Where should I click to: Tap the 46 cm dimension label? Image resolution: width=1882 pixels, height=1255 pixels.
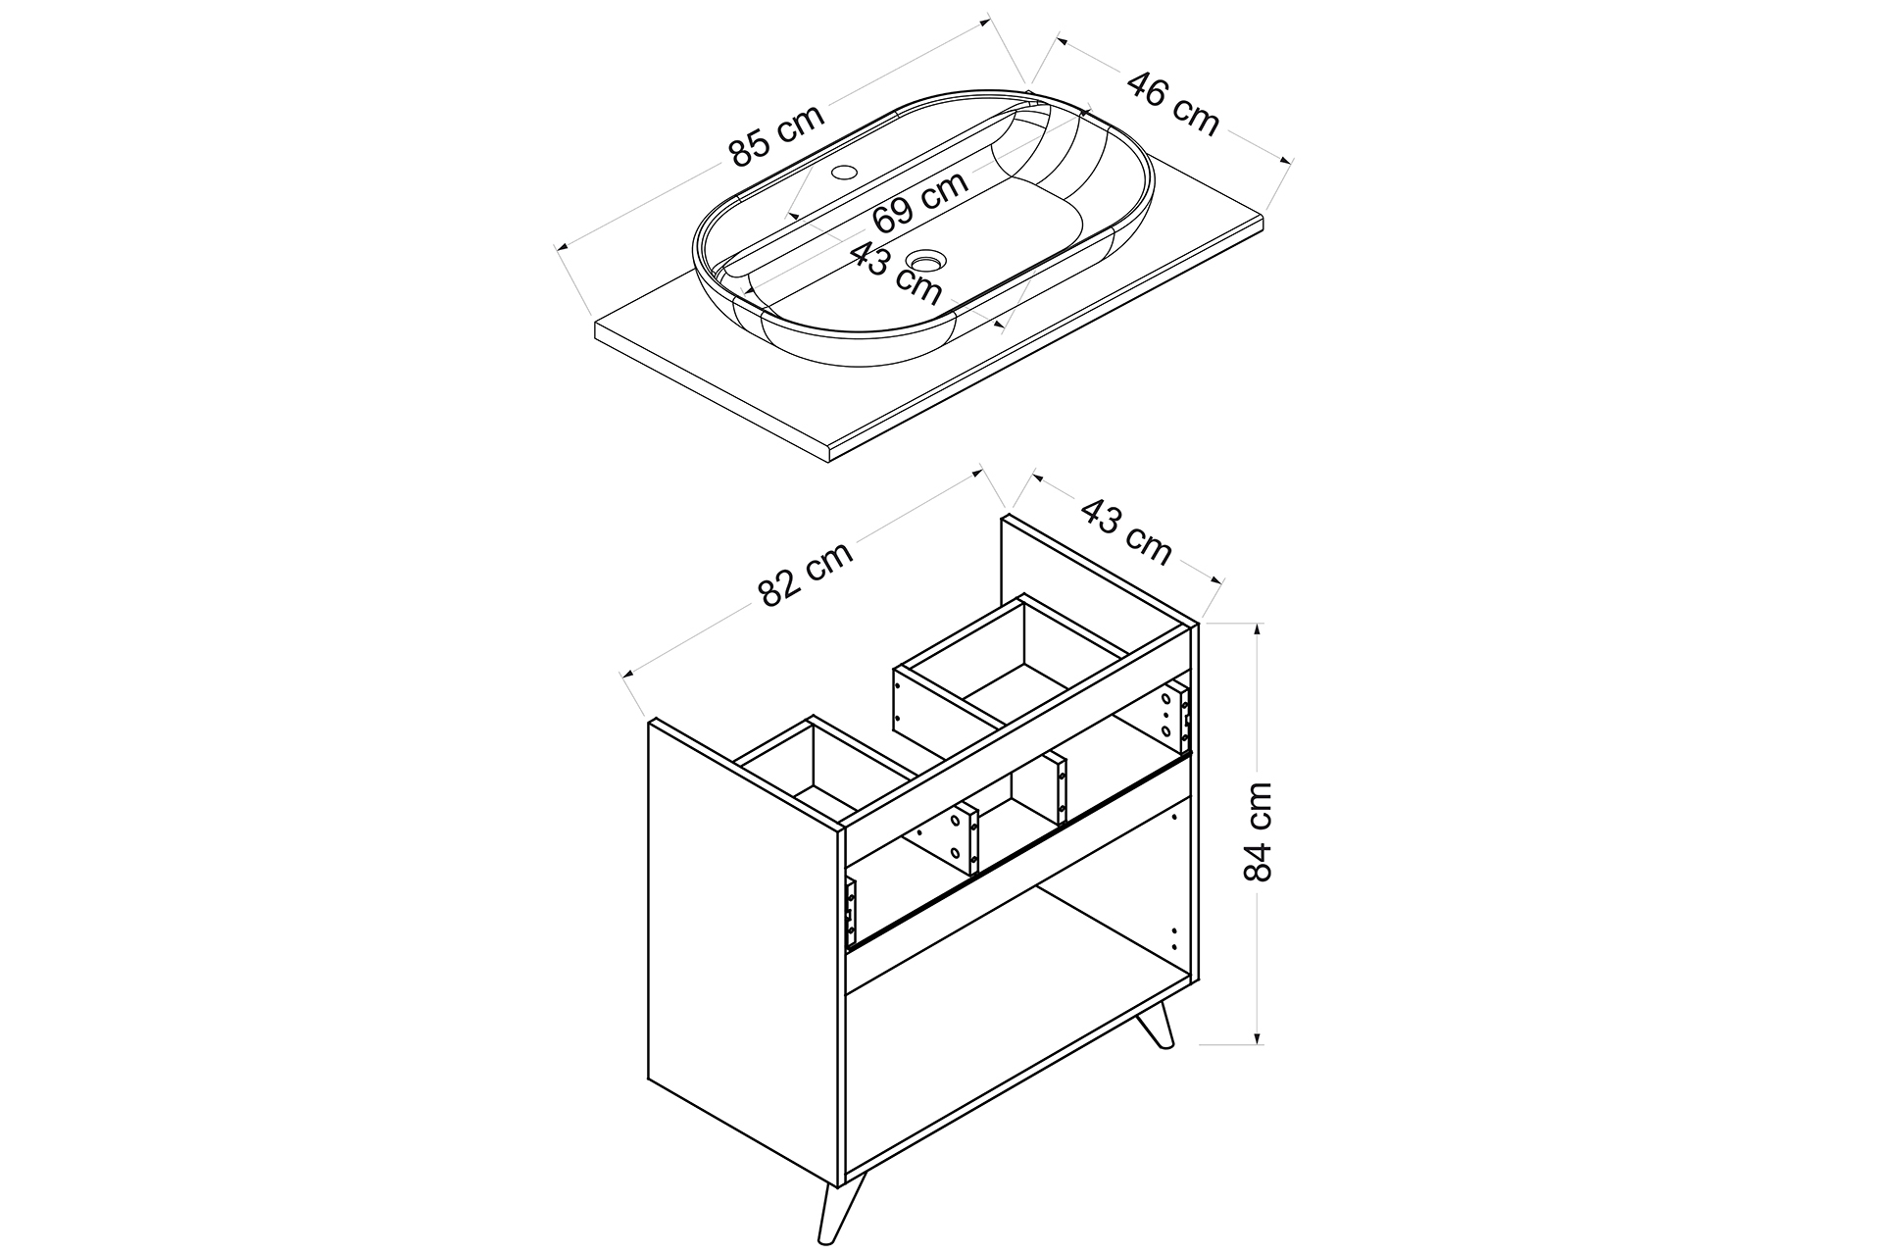coord(1173,103)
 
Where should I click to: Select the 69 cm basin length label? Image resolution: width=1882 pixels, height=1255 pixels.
coord(920,201)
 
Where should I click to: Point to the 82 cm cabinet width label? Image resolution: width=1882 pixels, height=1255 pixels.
coord(806,573)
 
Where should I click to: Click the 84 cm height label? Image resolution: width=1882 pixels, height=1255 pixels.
coord(1257,832)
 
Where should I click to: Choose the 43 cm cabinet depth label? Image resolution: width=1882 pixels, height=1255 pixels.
coord(1126,531)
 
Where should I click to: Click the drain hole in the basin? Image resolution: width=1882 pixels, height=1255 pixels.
coord(925,261)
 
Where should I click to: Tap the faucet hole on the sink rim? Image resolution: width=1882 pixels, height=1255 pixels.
coord(842,175)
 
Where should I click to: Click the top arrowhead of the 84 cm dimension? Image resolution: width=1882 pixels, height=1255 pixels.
coord(1258,628)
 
